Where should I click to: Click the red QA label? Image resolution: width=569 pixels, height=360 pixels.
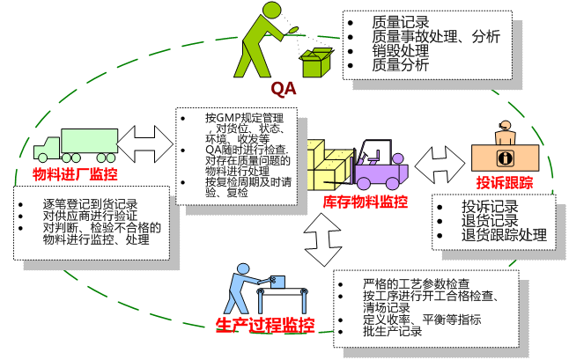coord(283,88)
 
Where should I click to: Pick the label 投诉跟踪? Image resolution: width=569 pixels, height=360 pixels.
coord(505,182)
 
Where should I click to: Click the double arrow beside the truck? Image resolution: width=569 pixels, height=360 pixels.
coord(146,140)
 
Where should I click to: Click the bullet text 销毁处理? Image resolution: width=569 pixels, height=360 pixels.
coord(400,50)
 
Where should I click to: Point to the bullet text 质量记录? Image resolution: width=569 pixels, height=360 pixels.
coord(400,22)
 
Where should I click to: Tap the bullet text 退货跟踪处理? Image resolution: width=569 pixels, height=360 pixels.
coord(504,236)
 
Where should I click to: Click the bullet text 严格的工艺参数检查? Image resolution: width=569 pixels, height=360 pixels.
coord(416,284)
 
